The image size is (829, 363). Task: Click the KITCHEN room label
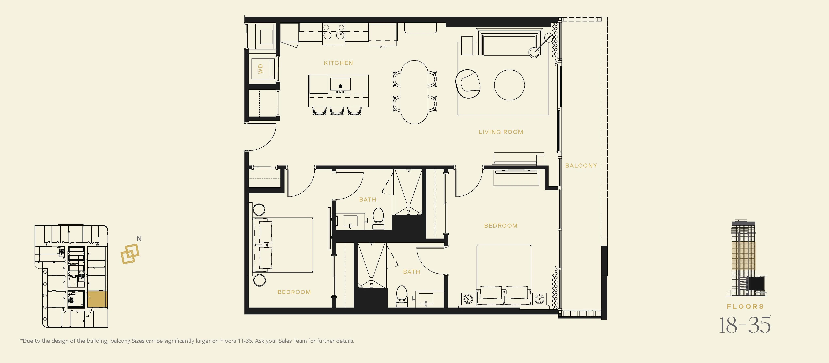coord(338,63)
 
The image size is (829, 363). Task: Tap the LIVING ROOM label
coord(501,132)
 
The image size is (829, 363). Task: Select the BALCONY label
coord(581,166)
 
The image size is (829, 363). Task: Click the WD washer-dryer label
coord(260,69)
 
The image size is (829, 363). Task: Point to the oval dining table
coord(414,92)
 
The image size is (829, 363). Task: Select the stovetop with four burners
coord(334,32)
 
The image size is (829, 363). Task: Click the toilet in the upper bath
coord(379,218)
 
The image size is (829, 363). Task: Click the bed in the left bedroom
coord(283,245)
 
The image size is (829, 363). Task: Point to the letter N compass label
coord(139,239)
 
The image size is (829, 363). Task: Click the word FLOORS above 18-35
coord(745,307)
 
